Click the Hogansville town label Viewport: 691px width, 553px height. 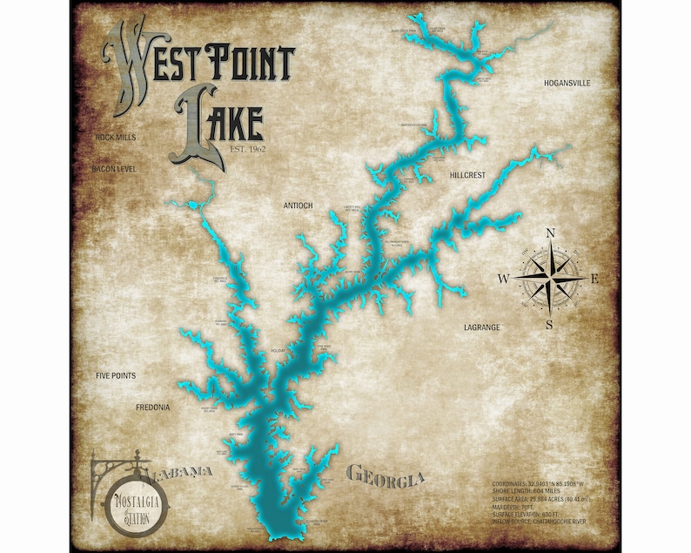click(x=567, y=84)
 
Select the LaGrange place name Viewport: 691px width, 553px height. click(x=481, y=327)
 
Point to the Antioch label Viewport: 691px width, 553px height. click(x=298, y=206)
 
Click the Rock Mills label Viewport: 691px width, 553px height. click(x=116, y=138)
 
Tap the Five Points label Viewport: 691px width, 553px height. click(x=116, y=375)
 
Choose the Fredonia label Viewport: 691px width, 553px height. click(x=152, y=407)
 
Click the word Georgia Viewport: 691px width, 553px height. click(x=386, y=476)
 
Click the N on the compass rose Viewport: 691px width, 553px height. click(x=550, y=233)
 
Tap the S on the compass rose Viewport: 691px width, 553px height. click(x=549, y=325)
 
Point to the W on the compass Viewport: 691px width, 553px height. click(x=503, y=279)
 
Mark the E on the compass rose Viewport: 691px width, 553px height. click(x=595, y=279)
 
